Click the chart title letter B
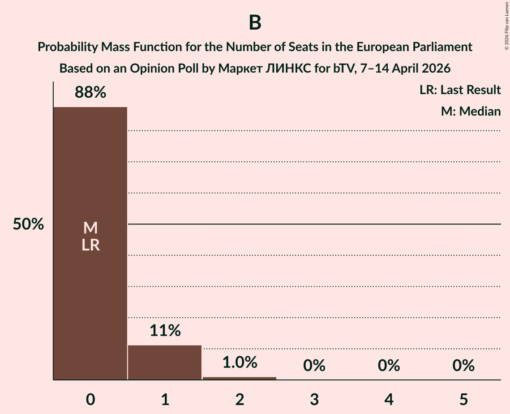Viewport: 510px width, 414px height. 255,23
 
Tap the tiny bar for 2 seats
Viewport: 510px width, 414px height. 240,378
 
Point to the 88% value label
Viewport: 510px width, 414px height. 90,93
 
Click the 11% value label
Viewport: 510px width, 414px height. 165,331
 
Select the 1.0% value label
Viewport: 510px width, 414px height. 240,362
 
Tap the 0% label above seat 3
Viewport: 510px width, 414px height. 314,366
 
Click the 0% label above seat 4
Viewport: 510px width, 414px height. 389,366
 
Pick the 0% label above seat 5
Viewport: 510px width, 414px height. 463,366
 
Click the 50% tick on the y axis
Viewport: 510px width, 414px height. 28,224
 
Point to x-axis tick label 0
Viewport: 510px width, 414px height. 90,399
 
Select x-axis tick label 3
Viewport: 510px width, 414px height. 314,399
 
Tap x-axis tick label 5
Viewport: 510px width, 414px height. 463,399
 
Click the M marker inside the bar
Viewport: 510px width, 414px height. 90,228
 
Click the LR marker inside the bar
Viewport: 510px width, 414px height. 90,245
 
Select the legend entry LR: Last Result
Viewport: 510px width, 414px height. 460,90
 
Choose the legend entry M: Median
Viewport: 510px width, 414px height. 471,111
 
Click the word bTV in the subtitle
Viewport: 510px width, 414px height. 343,69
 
